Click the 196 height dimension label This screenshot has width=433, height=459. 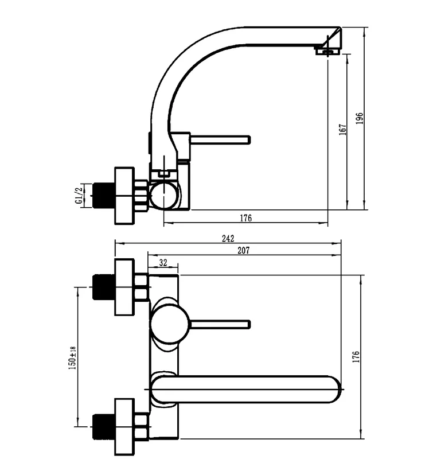pyautogui.click(x=360, y=118)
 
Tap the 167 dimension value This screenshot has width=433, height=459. pyautogui.click(x=342, y=130)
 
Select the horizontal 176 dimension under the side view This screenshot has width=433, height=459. pyautogui.click(x=246, y=218)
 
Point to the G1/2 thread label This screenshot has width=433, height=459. pyautogui.click(x=79, y=196)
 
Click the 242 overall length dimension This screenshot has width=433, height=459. pyautogui.click(x=228, y=239)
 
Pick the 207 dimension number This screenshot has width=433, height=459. pyautogui.click(x=243, y=250)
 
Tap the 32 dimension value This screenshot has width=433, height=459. pyautogui.click(x=163, y=263)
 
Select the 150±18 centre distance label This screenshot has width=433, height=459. pyautogui.click(x=72, y=357)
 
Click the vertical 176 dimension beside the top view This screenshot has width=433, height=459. pyautogui.click(x=356, y=357)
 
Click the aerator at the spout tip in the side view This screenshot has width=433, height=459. pyautogui.click(x=327, y=52)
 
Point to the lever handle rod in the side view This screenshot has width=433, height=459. pyautogui.click(x=220, y=139)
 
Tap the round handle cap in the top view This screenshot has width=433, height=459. pyautogui.click(x=170, y=324)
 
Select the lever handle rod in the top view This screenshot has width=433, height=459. pyautogui.click(x=220, y=324)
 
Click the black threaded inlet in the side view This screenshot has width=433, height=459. pyautogui.click(x=104, y=196)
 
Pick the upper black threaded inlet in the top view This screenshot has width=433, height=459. pyautogui.click(x=104, y=287)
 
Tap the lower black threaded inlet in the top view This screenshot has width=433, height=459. pyautogui.click(x=104, y=427)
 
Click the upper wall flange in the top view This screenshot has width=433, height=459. pyautogui.click(x=124, y=287)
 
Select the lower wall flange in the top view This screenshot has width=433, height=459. pyautogui.click(x=124, y=427)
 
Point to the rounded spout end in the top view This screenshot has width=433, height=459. pyautogui.click(x=334, y=390)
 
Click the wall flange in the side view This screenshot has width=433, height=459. pyautogui.click(x=124, y=196)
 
